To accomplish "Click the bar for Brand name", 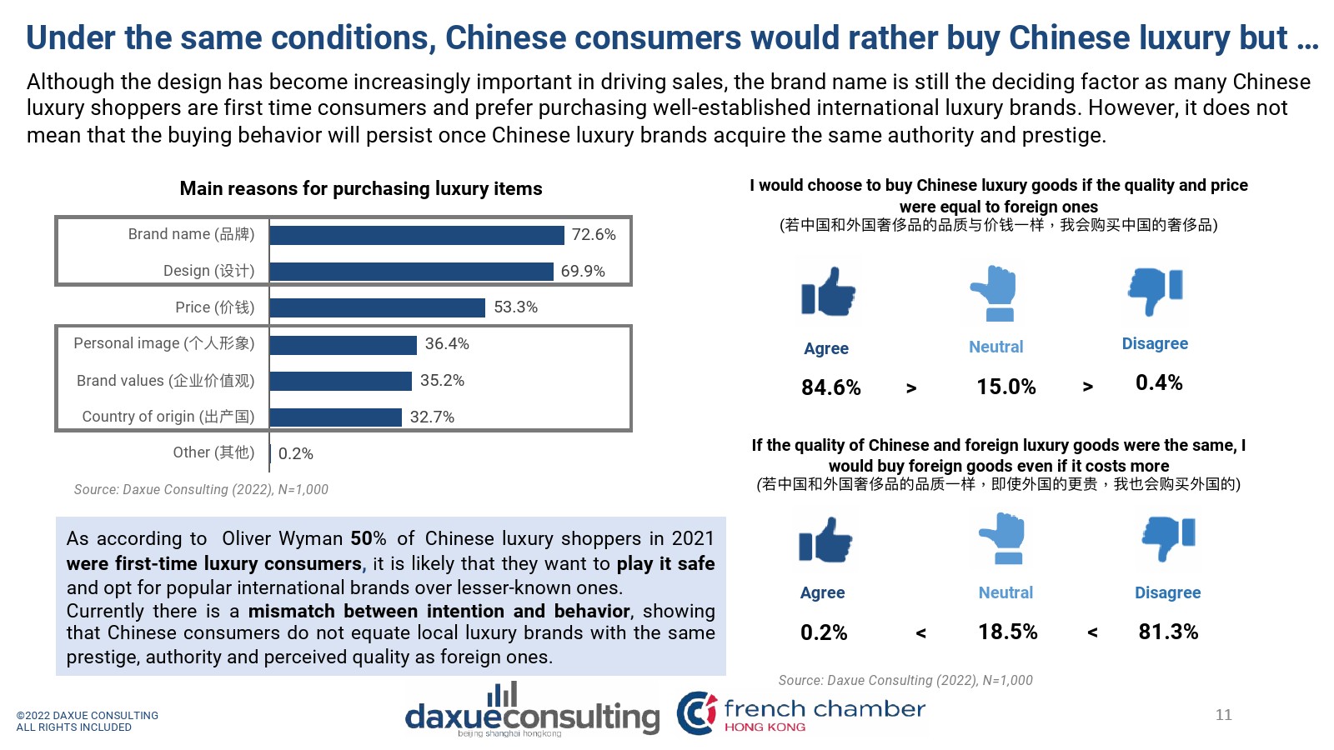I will [417, 235].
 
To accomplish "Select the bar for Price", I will [377, 307].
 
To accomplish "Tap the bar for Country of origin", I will [335, 417].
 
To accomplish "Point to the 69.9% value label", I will [583, 271].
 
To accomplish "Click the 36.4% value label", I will [447, 343].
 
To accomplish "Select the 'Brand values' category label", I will [165, 381].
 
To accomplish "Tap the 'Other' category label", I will [213, 452].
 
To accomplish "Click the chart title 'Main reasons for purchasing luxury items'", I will [360, 188].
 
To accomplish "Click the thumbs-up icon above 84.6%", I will [828, 292].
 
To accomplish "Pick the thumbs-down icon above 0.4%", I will [1156, 290].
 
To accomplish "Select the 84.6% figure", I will [830, 387].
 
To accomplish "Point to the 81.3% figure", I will [1168, 632].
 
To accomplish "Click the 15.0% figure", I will [1006, 387].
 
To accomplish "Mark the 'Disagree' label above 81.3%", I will [1167, 592].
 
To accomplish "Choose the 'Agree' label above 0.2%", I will [822, 592].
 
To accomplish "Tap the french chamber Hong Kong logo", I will [800, 712].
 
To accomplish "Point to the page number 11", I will [1223, 714].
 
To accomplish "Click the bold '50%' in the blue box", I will [368, 538].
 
